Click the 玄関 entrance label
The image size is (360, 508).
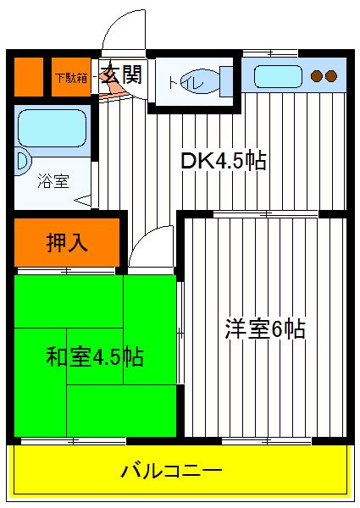[x=122, y=75]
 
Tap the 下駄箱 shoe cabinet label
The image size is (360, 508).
[x=71, y=78]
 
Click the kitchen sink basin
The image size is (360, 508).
[x=278, y=76]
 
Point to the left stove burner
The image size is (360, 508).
[x=317, y=76]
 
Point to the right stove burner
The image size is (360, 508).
[x=331, y=76]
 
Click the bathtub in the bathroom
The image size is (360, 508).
[x=53, y=128]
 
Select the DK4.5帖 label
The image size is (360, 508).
[x=224, y=160]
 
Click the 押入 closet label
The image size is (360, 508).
[x=67, y=242]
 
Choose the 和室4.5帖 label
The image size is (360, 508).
[x=94, y=356]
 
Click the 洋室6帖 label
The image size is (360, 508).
[x=265, y=329]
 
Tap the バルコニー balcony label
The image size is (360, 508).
[x=172, y=471]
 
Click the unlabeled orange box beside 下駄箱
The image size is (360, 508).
[x=29, y=77]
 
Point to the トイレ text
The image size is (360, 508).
[x=186, y=83]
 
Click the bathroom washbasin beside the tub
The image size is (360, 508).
[x=23, y=161]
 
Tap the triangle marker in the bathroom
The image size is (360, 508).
[x=83, y=201]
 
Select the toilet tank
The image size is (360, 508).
[x=227, y=81]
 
